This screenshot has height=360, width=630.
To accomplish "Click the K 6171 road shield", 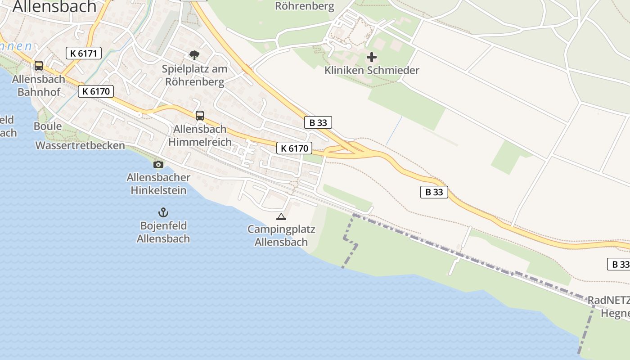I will (x=84, y=53).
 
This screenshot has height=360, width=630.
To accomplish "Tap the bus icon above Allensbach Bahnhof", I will (x=39, y=66).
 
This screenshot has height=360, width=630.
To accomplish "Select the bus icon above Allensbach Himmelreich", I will (x=200, y=116).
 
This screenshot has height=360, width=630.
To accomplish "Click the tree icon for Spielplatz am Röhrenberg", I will (x=194, y=55).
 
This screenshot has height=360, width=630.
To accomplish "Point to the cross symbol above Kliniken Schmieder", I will (x=372, y=57).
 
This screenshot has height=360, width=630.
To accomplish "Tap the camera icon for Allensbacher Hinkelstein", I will (x=158, y=164).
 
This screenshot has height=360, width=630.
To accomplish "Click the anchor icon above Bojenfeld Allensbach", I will (x=163, y=212).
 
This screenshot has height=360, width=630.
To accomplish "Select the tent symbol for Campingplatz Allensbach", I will (x=281, y=216).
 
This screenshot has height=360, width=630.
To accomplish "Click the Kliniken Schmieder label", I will (x=372, y=70).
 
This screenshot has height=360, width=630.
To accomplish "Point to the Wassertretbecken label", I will (x=80, y=145).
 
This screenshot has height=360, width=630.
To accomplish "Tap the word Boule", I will (x=48, y=126).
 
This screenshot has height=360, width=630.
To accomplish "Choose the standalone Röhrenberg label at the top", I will (x=305, y=6).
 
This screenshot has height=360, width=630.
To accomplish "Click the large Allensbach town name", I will (x=55, y=7).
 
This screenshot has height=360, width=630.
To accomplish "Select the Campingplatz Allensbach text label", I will (x=281, y=235).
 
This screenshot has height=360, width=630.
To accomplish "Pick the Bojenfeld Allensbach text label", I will (x=163, y=232).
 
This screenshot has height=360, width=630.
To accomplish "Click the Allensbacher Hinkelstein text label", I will (x=158, y=184).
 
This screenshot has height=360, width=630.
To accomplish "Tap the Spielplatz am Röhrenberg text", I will (x=194, y=76).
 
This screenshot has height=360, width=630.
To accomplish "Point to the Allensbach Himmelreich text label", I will (x=200, y=135).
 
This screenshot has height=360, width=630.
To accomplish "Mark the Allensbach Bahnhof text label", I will (x=39, y=85).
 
